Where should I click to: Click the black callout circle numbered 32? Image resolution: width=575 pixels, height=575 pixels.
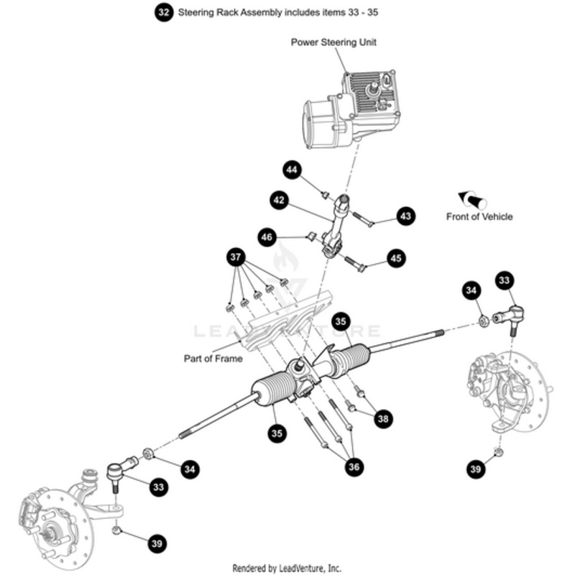[x=164, y=12]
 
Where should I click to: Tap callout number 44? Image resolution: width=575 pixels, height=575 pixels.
[x=291, y=170]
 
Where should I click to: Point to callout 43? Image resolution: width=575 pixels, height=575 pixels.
[x=406, y=216]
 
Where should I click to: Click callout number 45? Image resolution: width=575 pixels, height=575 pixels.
[x=396, y=259]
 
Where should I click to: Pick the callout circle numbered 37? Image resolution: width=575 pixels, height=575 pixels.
[x=236, y=257]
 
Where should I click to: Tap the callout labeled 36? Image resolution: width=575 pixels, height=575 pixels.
[x=354, y=466]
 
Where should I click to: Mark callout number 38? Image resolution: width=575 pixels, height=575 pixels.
[x=383, y=418]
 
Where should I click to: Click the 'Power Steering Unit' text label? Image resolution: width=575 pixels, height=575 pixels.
[x=333, y=42]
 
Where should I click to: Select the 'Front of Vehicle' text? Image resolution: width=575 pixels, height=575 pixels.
[x=479, y=216]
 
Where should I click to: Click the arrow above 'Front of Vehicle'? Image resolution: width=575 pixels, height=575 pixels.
[x=472, y=199]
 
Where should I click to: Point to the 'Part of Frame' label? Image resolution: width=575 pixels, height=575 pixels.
[x=213, y=358]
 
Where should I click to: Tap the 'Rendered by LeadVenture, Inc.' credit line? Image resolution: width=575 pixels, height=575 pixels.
[x=287, y=568]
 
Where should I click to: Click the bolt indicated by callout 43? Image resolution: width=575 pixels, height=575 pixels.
[x=363, y=219]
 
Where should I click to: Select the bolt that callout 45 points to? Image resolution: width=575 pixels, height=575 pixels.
[x=356, y=264]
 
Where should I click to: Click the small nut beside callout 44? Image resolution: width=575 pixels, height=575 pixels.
[x=325, y=194]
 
